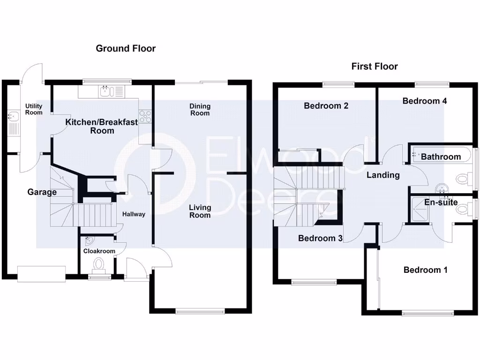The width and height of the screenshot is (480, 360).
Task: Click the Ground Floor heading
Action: coord(126,48)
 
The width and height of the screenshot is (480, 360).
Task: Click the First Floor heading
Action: coord(375,67)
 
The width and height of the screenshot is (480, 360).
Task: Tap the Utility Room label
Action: coord(34,109)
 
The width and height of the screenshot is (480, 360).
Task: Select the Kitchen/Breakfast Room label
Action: coord(102,126)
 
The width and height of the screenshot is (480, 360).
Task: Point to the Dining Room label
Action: coord(200,110)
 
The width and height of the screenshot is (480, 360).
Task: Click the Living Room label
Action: coord(200,211)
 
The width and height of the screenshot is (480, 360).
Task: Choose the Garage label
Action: coord(42,192)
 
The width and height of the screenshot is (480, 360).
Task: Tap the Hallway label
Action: coord(134,214)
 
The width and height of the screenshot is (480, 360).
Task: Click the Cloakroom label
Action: coord(99,251)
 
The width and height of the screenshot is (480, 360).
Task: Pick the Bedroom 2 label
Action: coord(326,106)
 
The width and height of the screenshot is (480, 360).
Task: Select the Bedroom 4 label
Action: coord(421,101)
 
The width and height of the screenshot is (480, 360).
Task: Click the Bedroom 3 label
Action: coord(320,238)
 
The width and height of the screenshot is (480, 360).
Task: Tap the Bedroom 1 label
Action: coord(425,270)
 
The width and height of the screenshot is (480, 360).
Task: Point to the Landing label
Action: coord(383,175)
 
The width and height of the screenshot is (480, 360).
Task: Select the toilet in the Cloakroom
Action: coord(99,265)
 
